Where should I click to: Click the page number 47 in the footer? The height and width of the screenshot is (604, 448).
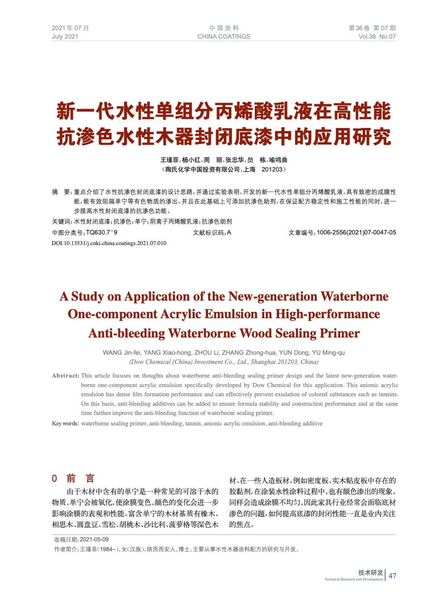(392, 576)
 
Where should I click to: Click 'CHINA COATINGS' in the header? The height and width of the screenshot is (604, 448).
(223, 37)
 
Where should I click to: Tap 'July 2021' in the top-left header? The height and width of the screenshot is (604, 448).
(65, 37)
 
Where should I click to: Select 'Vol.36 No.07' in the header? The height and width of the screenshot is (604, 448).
(377, 37)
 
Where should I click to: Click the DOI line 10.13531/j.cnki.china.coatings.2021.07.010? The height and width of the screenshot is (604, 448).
(109, 243)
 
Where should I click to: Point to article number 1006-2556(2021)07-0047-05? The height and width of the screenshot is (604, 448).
(356, 233)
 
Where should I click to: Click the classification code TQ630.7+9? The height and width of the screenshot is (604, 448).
(102, 233)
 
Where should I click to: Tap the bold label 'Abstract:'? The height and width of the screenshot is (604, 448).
(66, 376)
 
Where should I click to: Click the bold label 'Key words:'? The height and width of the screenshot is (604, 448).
(66, 424)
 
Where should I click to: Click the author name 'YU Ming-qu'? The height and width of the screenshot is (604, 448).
(328, 353)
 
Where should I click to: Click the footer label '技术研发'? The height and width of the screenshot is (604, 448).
(371, 572)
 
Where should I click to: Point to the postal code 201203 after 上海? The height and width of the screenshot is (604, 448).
(272, 169)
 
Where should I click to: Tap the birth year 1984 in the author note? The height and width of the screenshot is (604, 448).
(106, 549)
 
